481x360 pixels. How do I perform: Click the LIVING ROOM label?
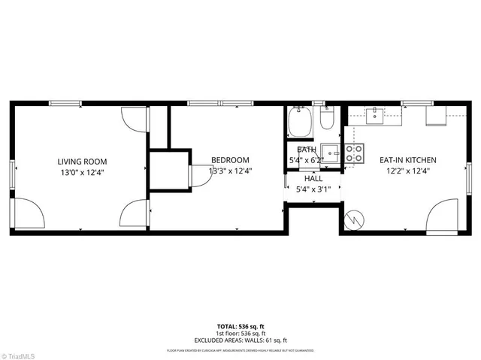[x=83, y=161]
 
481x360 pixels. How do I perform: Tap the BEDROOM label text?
[x=230, y=160]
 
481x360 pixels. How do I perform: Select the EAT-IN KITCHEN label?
[x=407, y=160]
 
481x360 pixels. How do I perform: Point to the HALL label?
[x=313, y=179]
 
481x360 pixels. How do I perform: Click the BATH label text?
[x=306, y=150]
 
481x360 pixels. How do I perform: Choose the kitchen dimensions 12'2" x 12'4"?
[x=407, y=171]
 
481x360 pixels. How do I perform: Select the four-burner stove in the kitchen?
[x=354, y=153]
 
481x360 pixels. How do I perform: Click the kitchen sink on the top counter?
[x=374, y=114]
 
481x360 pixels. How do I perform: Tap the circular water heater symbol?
[x=354, y=219]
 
